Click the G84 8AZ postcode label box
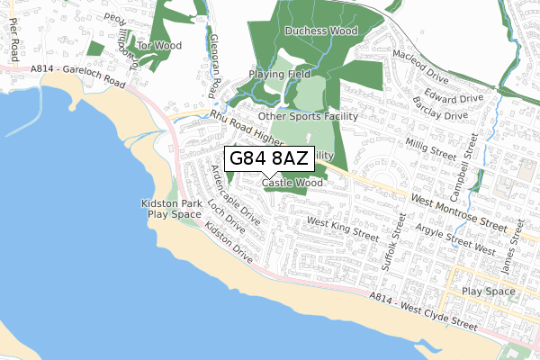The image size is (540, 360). point(269,158)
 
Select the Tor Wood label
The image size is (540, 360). point(160,45)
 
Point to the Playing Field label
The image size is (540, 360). point(280,75)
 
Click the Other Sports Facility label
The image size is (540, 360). point(308,116)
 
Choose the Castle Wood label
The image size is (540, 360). point(292,183)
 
